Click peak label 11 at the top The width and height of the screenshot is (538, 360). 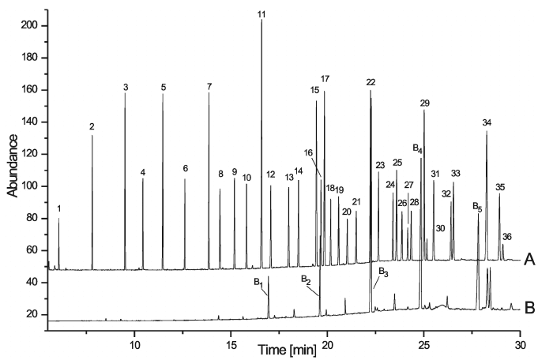(261, 14)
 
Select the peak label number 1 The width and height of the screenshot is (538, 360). (59, 209)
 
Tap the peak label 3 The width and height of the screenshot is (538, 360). (126, 86)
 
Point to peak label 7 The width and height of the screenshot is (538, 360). (209, 86)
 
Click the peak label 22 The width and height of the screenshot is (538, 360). (371, 83)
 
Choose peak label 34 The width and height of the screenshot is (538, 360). (487, 122)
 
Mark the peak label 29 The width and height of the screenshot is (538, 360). (425, 104)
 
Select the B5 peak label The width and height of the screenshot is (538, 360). (477, 208)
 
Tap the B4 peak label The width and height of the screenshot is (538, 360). (418, 149)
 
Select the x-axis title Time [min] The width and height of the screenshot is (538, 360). (286, 348)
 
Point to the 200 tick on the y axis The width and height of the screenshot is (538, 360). (28, 26)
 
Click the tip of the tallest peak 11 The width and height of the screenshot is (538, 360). (261, 21)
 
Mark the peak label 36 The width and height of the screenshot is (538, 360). (507, 236)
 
